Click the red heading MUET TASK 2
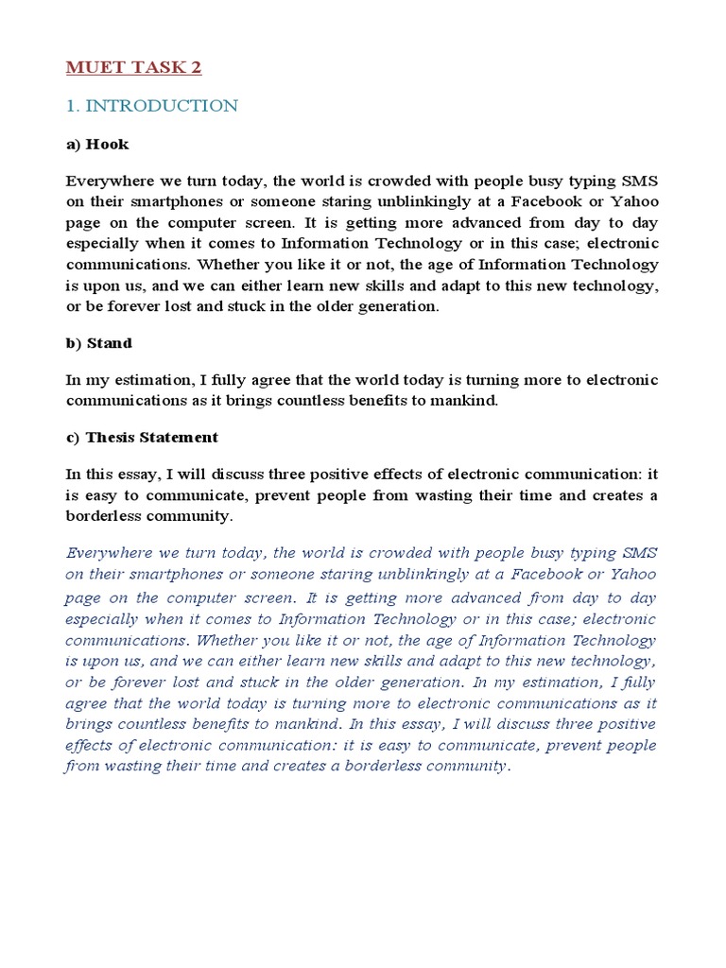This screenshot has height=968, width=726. click(x=133, y=67)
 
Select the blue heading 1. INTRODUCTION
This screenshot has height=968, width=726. click(x=152, y=106)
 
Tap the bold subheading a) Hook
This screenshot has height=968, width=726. click(x=97, y=145)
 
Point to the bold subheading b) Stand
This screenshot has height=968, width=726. click(x=99, y=343)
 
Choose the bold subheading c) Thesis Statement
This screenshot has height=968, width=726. click(x=142, y=437)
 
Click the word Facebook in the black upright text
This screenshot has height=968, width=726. click(x=543, y=203)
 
